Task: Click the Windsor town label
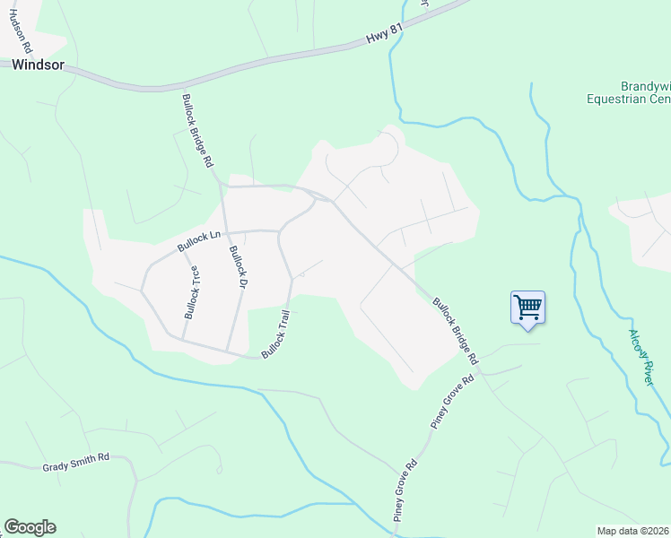(37, 65)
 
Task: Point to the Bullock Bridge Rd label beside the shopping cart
(456, 331)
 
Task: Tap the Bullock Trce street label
(193, 292)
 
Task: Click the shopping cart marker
(527, 308)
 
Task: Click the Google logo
(30, 527)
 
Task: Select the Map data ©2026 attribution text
(632, 531)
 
